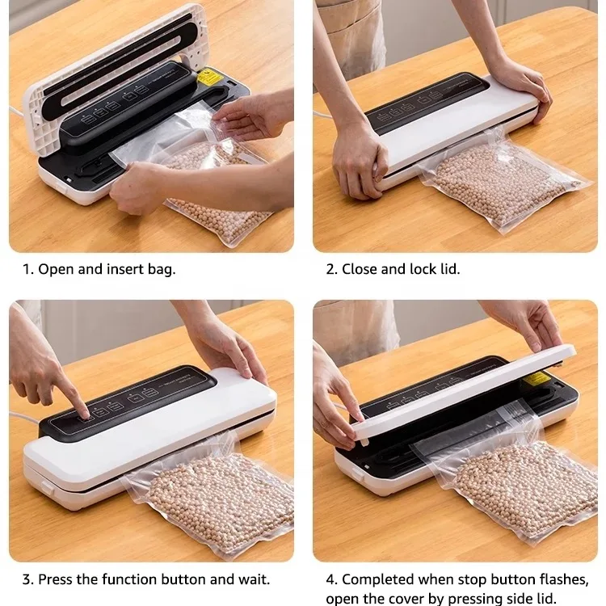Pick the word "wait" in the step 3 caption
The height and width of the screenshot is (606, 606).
(253, 579)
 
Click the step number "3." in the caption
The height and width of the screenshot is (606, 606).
(27, 579)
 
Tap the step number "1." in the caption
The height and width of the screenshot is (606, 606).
(27, 269)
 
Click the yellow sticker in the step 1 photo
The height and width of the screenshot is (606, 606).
(209, 78)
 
